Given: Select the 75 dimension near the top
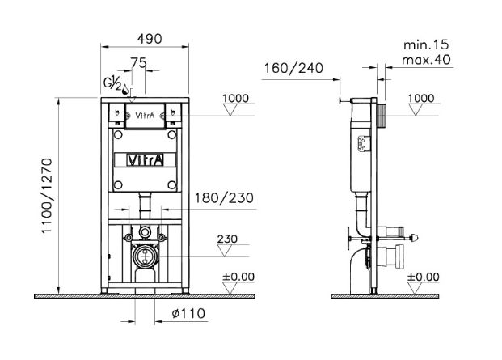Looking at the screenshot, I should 138,61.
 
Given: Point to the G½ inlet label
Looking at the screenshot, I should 112,83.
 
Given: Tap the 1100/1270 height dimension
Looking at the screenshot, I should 47,195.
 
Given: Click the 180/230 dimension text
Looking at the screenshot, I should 222,198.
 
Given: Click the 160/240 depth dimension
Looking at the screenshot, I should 293,68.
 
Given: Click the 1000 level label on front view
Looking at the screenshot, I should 235,98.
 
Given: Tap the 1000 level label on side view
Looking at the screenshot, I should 422,98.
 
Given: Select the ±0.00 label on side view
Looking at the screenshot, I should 424,277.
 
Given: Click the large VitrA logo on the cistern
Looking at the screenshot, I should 146,159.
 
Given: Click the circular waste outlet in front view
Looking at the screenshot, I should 146,257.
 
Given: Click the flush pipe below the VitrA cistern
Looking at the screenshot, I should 146,205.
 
